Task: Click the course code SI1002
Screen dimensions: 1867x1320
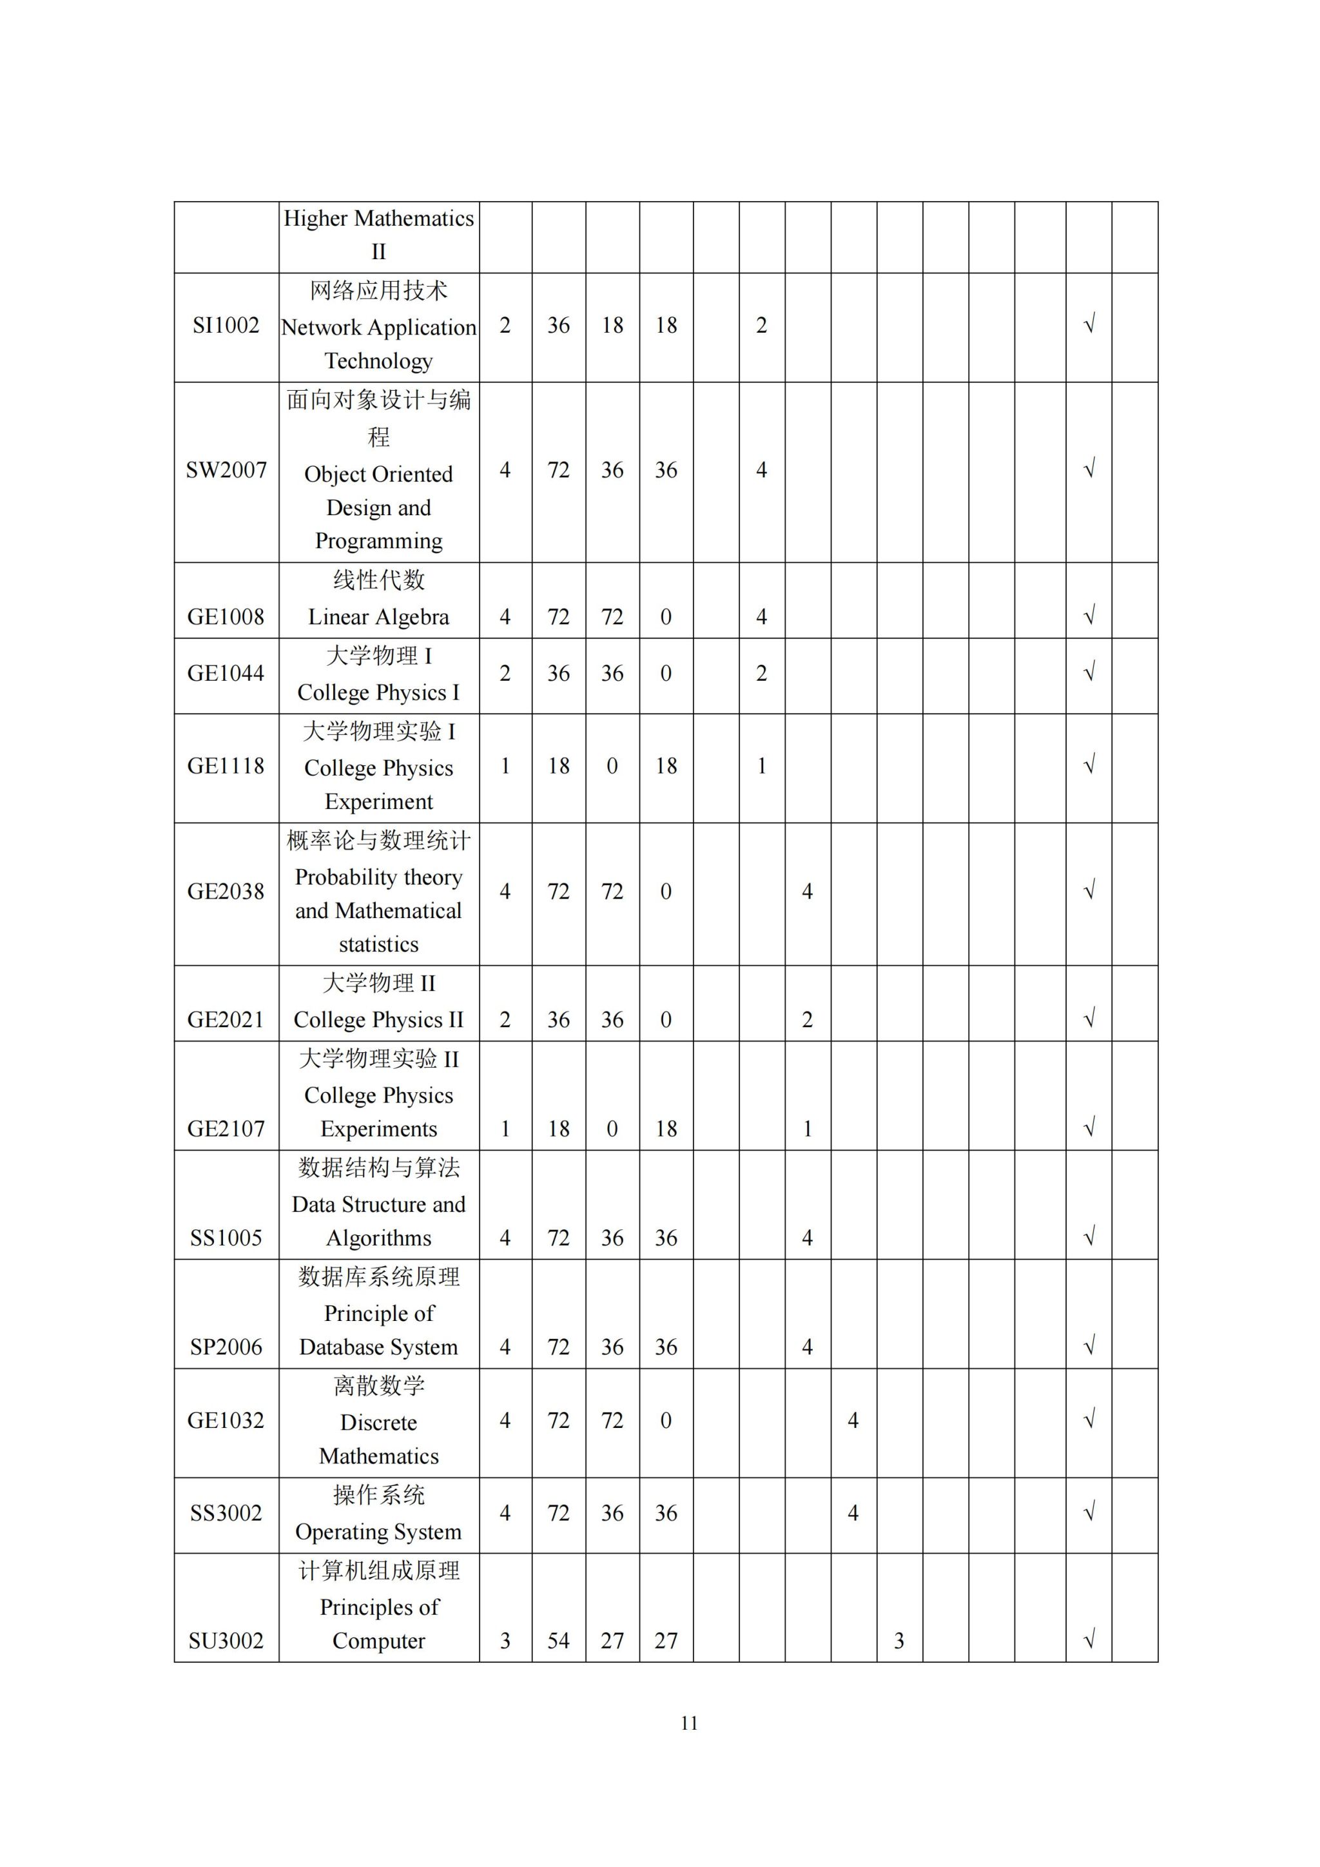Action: pos(226,326)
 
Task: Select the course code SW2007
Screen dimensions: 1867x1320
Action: pos(226,470)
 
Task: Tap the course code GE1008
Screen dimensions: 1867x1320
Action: pos(226,617)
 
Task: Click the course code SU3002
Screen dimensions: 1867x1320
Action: pos(226,1641)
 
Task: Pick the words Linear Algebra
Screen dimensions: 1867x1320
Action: pos(379,617)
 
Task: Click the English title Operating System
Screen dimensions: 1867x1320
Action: pos(379,1532)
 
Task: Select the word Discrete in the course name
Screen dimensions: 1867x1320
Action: pos(379,1422)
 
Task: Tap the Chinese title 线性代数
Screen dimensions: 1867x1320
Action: pos(379,580)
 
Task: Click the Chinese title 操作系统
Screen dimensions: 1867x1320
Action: pos(379,1494)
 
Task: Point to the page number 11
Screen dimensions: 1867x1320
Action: pos(689,1723)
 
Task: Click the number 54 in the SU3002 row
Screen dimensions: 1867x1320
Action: pos(558,1641)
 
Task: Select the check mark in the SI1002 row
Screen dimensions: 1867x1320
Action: pos(1089,326)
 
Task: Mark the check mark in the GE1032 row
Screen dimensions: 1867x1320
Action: pos(1089,1420)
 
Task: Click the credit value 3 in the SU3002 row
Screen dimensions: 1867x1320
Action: pos(505,1641)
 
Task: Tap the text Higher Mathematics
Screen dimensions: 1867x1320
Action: pos(379,219)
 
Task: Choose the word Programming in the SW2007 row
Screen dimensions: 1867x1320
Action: pos(379,541)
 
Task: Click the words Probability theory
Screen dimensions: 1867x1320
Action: pos(379,877)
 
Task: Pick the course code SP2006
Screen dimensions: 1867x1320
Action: pos(226,1347)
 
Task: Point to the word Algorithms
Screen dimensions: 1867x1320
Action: pos(379,1238)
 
